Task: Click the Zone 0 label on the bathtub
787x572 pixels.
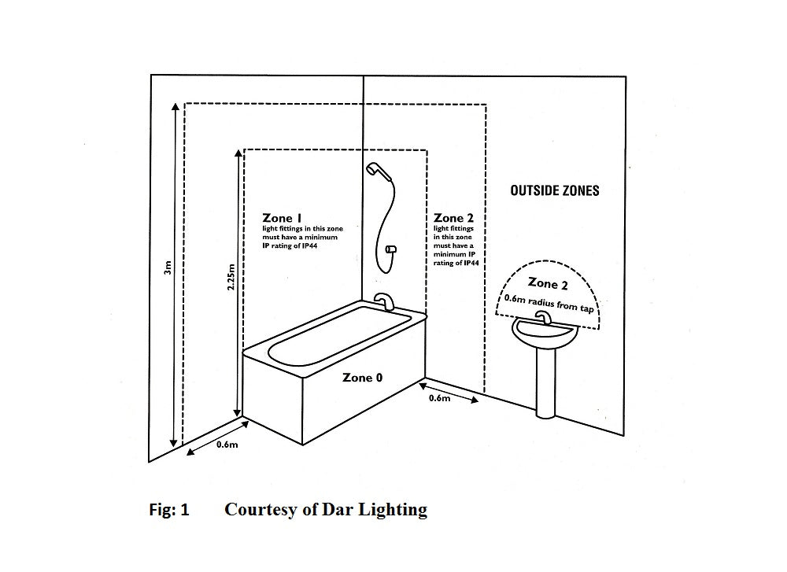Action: point(363,378)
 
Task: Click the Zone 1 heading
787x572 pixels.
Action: point(283,218)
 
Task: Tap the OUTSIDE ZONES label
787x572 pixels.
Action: point(554,190)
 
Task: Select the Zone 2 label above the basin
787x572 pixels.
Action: point(548,283)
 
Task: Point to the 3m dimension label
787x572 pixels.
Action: point(167,268)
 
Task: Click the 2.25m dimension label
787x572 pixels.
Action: point(231,278)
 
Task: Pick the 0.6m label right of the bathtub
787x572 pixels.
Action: point(439,398)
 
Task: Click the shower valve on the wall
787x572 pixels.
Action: point(391,249)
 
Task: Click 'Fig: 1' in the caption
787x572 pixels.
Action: point(169,510)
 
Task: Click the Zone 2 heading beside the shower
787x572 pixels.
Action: point(453,218)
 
